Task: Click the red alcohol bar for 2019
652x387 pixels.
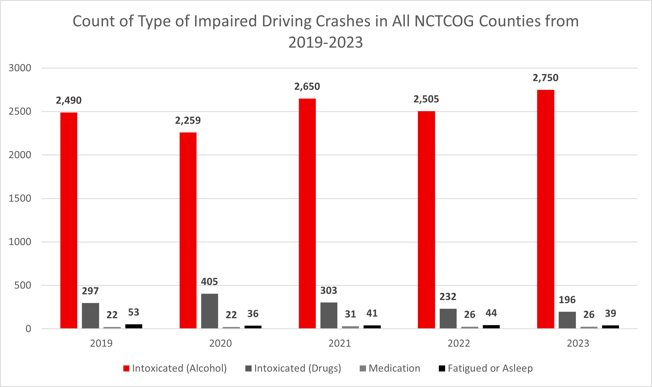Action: (69, 220)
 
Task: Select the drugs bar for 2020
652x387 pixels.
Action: (210, 311)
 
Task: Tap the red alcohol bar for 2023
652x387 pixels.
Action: (546, 209)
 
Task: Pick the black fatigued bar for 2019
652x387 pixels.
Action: (134, 326)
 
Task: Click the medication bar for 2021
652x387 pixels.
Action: (350, 327)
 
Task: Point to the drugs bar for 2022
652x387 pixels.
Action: (448, 318)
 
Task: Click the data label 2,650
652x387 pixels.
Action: (307, 87)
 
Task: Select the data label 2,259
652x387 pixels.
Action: (188, 121)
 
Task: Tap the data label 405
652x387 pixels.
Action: (210, 282)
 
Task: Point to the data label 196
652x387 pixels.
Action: (567, 300)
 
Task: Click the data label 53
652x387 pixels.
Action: (134, 312)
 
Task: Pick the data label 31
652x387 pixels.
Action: (350, 314)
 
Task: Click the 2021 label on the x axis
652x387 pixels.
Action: (340, 343)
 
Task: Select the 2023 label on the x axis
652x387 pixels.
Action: (578, 343)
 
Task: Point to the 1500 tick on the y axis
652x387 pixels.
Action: (20, 198)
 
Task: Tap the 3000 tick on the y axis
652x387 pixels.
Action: (20, 68)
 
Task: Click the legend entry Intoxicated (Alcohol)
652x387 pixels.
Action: (175, 368)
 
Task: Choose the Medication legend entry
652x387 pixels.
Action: (390, 368)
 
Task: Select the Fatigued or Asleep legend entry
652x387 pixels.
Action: (486, 368)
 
